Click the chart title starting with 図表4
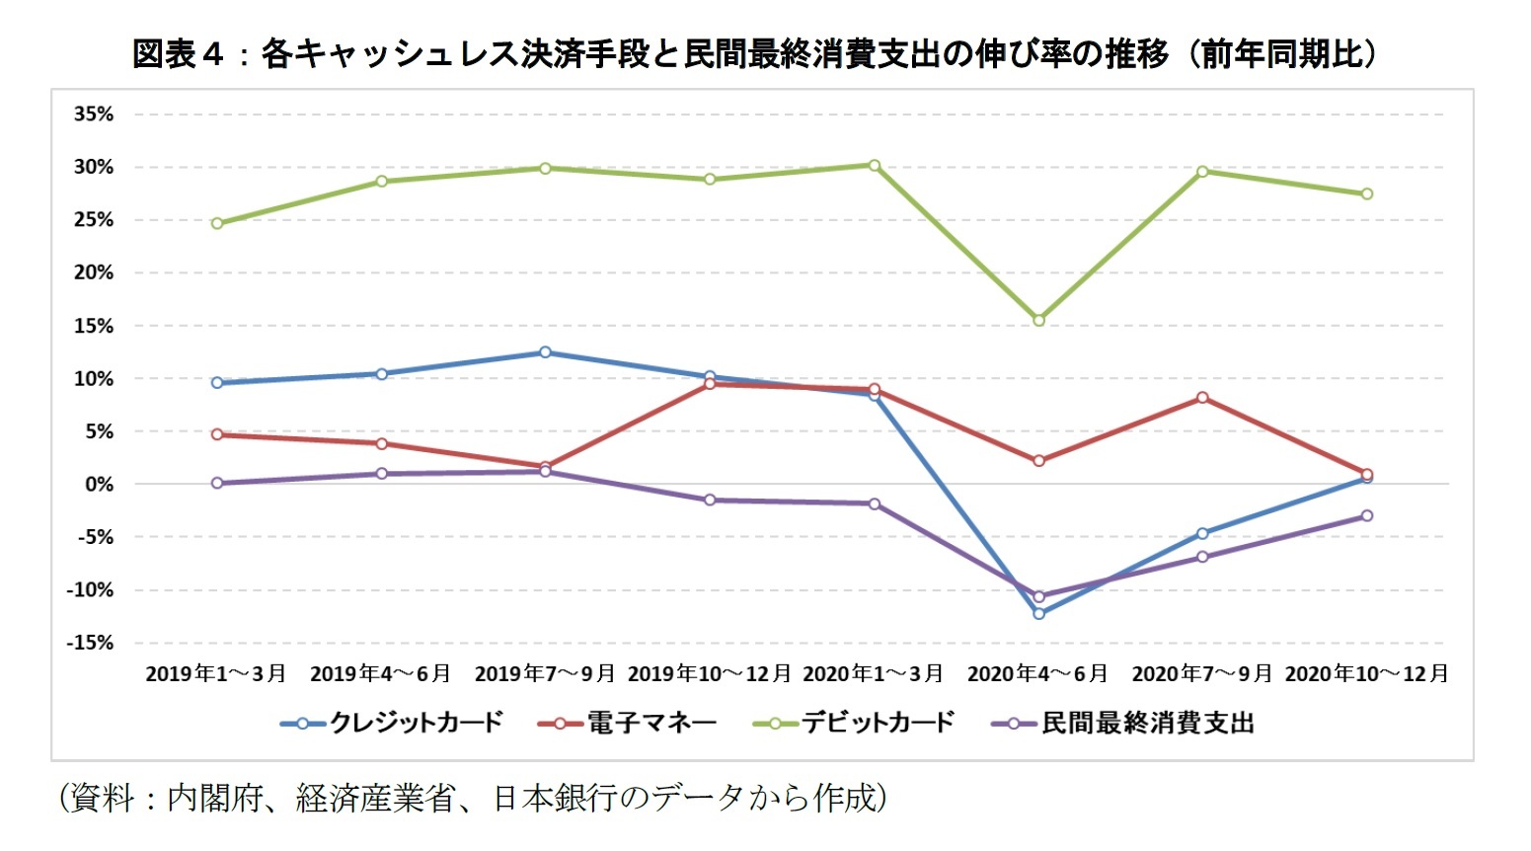[755, 53]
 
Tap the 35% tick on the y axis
[94, 115]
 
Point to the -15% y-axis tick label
[90, 643]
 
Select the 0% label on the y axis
[99, 485]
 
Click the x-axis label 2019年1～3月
[216, 674]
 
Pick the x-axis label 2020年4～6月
[1037, 674]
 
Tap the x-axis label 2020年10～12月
[1366, 674]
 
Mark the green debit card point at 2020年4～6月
[1038, 320]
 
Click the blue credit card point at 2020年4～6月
[1038, 613]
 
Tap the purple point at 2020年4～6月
[1038, 596]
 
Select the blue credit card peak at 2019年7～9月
[545, 352]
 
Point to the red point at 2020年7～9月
[1202, 398]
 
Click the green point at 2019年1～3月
[217, 223]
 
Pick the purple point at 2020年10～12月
[1367, 515]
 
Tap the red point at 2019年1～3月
[217, 434]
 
